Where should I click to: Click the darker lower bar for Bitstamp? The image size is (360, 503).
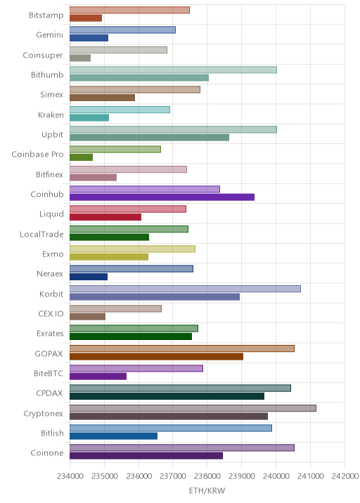pyautogui.click(x=86, y=18)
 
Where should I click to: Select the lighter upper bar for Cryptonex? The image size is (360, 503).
pyautogui.click(x=193, y=408)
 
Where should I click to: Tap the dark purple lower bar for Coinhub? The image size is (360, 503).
pyautogui.click(x=162, y=197)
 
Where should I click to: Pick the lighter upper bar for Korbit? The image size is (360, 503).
pyautogui.click(x=185, y=289)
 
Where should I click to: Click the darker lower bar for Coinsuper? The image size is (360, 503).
pyautogui.click(x=80, y=58)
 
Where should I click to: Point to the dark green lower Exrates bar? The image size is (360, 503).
pyautogui.click(x=131, y=337)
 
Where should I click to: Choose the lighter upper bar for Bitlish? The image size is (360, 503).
pyautogui.click(x=171, y=428)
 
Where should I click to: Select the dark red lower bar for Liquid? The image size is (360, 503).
pyautogui.click(x=105, y=217)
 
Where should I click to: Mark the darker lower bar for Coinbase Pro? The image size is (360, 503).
pyautogui.click(x=82, y=157)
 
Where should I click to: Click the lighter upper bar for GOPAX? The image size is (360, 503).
pyautogui.click(x=182, y=348)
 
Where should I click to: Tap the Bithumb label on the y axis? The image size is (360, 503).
pyautogui.click(x=47, y=74)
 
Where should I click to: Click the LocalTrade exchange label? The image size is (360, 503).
pyautogui.click(x=41, y=234)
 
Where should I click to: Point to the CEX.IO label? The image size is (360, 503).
pyautogui.click(x=51, y=313)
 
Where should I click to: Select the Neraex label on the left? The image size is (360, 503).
pyautogui.click(x=50, y=274)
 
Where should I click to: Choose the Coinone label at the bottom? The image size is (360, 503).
pyautogui.click(x=47, y=452)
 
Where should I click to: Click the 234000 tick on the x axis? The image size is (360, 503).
pyautogui.click(x=70, y=476)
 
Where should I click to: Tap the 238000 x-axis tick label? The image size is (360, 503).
pyautogui.click(x=207, y=476)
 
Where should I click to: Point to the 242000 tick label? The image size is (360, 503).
pyautogui.click(x=345, y=476)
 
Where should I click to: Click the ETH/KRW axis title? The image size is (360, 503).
pyautogui.click(x=207, y=490)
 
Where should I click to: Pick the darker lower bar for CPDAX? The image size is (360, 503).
pyautogui.click(x=167, y=396)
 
